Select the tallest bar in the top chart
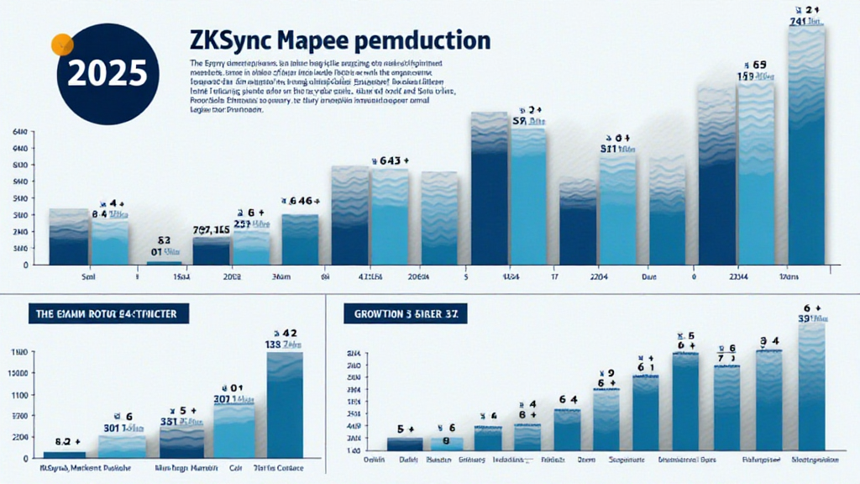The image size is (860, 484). (x=808, y=147)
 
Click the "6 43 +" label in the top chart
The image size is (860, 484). (x=388, y=159)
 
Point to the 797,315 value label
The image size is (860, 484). (x=211, y=229)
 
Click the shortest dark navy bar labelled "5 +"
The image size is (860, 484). (x=404, y=445)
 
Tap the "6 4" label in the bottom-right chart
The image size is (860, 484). (x=568, y=400)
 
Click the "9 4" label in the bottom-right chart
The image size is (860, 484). (x=769, y=341)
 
